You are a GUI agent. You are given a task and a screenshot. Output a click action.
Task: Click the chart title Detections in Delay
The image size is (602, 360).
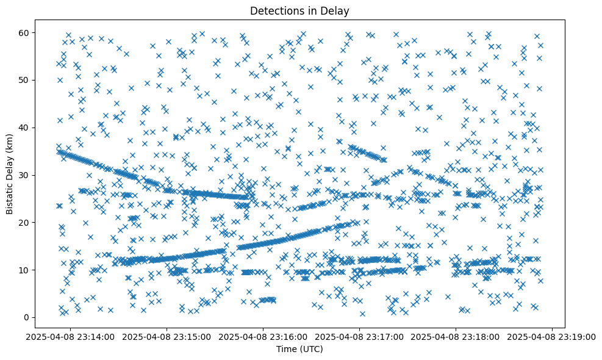[300, 10]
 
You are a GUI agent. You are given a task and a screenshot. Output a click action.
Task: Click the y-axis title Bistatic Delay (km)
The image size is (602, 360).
[10, 173]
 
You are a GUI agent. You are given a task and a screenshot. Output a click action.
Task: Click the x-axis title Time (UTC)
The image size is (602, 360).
[300, 349]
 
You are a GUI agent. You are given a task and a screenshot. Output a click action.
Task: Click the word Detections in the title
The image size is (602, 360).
[278, 10]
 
